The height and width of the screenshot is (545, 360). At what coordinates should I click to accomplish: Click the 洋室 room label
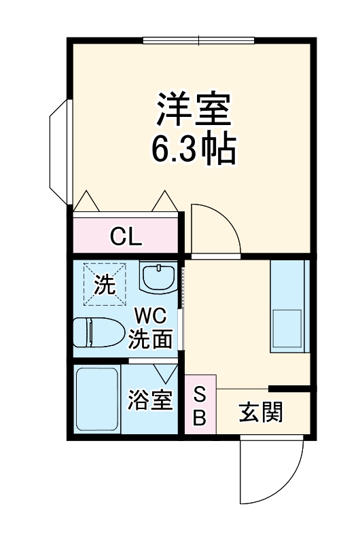[x=195, y=109]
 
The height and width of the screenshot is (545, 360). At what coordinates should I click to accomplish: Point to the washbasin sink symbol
[x=158, y=278]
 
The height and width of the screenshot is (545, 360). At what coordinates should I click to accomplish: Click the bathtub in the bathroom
[x=97, y=401]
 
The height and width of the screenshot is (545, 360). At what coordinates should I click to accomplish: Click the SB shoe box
[x=200, y=406]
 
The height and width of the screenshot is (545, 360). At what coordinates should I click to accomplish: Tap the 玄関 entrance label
[x=261, y=412]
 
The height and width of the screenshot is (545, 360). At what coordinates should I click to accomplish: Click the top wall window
[x=198, y=40]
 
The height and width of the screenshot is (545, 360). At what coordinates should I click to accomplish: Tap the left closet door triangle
[x=86, y=201]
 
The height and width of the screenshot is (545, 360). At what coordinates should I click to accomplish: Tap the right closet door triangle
[x=165, y=201]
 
